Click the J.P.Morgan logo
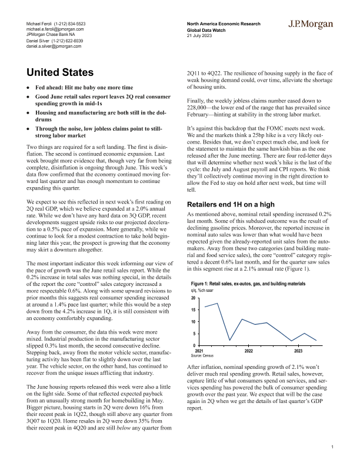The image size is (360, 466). tap(311, 24)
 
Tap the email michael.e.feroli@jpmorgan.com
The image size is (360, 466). tap(55, 28)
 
